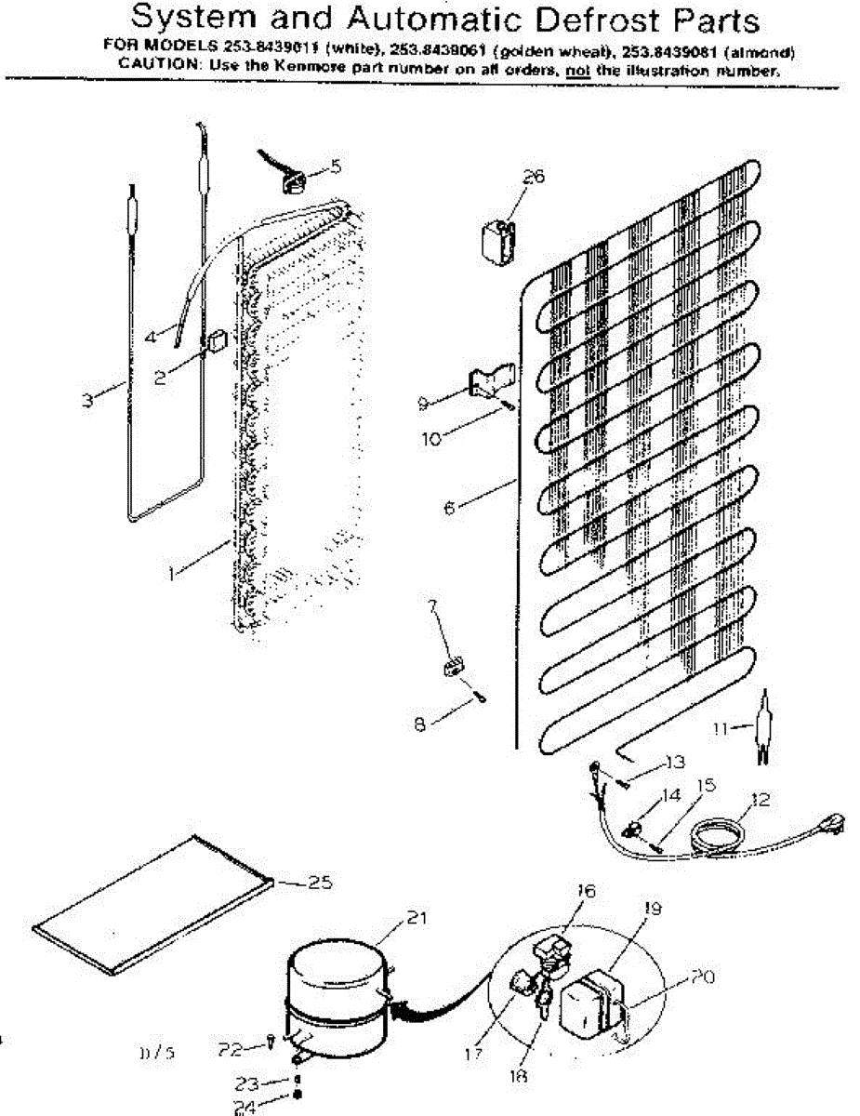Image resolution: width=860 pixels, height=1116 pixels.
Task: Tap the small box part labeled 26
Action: click(x=496, y=241)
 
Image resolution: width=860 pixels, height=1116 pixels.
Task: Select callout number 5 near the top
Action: click(x=335, y=166)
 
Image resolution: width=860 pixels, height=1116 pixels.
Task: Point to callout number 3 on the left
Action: click(x=87, y=401)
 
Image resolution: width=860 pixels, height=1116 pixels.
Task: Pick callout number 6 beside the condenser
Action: click(x=451, y=509)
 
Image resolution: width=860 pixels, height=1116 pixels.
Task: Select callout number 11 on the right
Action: click(x=720, y=728)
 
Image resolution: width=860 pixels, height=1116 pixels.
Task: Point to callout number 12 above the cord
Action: click(x=761, y=799)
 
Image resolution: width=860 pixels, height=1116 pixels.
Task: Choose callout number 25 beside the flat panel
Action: click(x=319, y=883)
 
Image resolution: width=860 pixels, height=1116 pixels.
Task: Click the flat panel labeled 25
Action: click(x=153, y=905)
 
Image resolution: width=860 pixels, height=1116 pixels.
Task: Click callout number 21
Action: click(x=416, y=919)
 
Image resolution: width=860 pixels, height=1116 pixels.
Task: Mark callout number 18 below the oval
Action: click(x=519, y=1077)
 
